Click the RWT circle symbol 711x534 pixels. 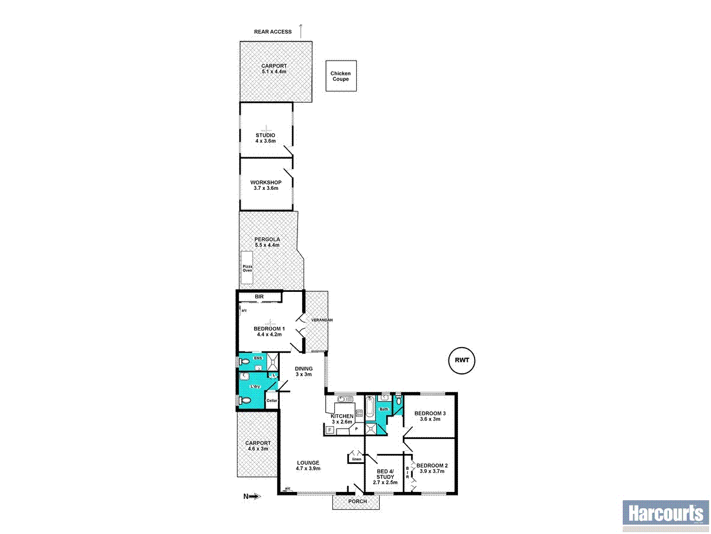[x=462, y=360]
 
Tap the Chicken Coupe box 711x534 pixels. [x=341, y=76]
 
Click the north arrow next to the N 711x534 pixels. [x=255, y=496]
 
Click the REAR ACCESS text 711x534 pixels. [x=273, y=31]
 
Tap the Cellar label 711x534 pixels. [x=271, y=401]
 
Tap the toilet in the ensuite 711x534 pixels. [x=243, y=361]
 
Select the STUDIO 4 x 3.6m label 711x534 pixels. [x=265, y=138]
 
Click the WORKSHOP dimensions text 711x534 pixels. [x=265, y=188]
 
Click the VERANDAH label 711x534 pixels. [x=323, y=320]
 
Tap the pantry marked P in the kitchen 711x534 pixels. [x=357, y=428]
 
